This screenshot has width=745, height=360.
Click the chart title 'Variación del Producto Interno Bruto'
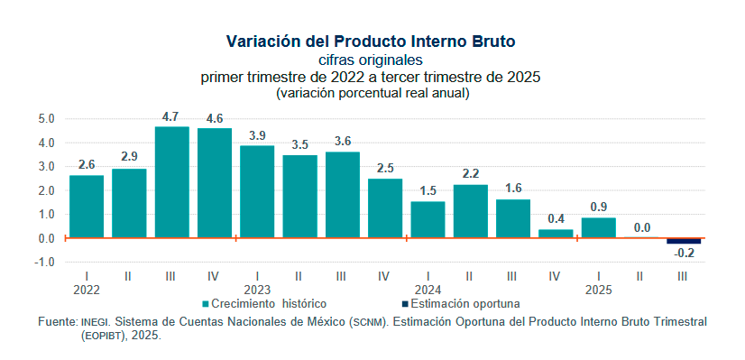point(371,42)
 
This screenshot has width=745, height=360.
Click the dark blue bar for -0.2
point(684,241)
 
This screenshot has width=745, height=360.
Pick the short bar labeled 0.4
point(556,234)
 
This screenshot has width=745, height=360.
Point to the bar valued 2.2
point(470,211)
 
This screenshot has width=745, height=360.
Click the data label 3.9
point(257,135)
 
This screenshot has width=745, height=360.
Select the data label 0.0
point(640,228)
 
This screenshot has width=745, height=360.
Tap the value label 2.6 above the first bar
point(87,164)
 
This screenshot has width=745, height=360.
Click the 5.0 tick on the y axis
point(47,118)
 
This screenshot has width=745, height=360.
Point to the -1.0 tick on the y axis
point(46,263)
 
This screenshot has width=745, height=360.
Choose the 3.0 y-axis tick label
point(47,166)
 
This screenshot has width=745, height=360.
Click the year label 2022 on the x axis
point(87,290)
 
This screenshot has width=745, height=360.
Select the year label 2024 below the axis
point(428,290)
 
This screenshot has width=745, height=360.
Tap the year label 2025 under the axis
point(598,290)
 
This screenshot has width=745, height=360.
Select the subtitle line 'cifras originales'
point(371,60)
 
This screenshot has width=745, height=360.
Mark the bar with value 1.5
point(428,219)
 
